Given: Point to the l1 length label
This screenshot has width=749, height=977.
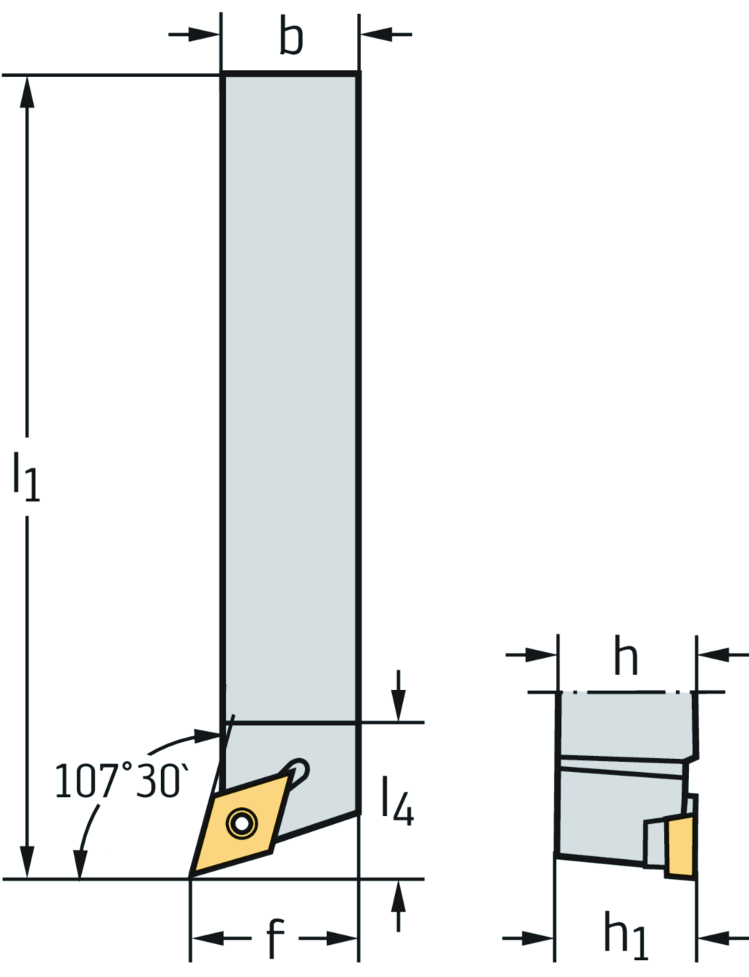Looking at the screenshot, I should [x=26, y=476].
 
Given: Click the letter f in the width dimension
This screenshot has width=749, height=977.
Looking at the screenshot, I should [x=274, y=938].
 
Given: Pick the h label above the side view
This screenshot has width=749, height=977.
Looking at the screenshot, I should [x=625, y=656].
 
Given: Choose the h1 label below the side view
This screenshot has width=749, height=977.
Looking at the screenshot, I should [x=625, y=936].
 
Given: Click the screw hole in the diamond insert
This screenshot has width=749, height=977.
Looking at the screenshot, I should [x=241, y=823].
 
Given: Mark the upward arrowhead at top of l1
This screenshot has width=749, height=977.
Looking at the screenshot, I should [x=28, y=91].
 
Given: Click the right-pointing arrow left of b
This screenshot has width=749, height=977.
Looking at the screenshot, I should [x=205, y=34].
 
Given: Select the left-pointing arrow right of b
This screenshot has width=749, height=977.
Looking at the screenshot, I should [x=375, y=34].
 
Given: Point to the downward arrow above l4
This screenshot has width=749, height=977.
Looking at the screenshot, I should [x=399, y=706].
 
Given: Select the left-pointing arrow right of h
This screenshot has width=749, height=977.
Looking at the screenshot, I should [x=713, y=654].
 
